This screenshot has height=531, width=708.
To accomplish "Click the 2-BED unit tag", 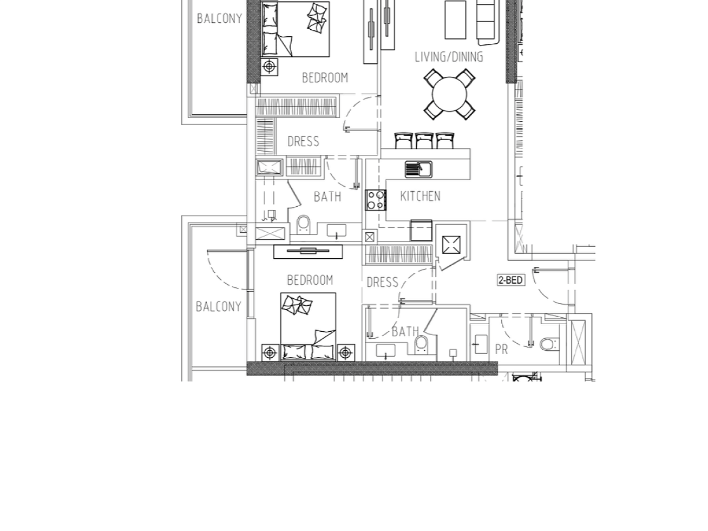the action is [x=510, y=280].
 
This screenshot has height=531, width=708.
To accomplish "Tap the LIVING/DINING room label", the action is [x=449, y=57].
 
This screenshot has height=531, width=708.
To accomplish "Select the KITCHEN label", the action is [x=420, y=196].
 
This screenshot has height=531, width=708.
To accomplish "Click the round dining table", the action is [x=449, y=94].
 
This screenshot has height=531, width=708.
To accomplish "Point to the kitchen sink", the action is [x=418, y=169].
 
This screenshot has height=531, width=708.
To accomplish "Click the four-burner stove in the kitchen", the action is [x=376, y=200].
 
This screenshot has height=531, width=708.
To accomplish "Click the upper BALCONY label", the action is [x=219, y=18].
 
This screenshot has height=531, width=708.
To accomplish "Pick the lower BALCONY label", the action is [x=218, y=306].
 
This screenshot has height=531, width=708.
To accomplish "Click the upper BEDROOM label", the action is [x=325, y=78].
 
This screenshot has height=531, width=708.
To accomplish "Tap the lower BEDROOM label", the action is [x=310, y=280].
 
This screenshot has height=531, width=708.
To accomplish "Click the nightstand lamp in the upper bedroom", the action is [x=269, y=67].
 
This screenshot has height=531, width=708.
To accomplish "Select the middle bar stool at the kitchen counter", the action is [x=424, y=141].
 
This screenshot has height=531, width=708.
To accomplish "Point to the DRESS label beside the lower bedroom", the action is [x=382, y=283].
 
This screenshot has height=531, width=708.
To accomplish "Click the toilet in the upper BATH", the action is [x=304, y=225].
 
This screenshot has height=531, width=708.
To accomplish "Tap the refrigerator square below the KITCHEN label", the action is [x=421, y=230].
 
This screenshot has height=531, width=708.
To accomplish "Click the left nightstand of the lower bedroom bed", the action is [x=270, y=353].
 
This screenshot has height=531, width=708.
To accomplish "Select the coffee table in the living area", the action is [x=455, y=19].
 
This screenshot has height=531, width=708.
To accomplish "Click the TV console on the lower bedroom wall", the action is [x=308, y=252].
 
